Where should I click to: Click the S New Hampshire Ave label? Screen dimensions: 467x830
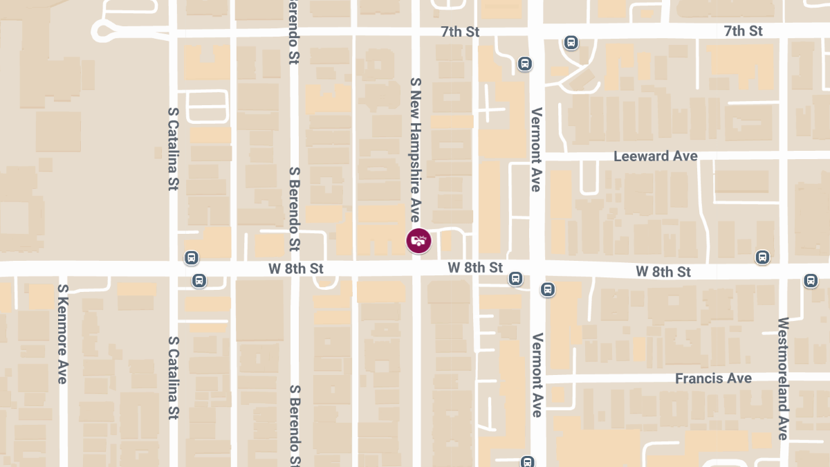[415, 149]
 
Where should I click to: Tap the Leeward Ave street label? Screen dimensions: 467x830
[656, 156]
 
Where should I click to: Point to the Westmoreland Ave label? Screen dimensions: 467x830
[783, 378]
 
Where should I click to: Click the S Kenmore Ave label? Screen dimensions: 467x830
[62, 333]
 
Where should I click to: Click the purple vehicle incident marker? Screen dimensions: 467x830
[418, 241]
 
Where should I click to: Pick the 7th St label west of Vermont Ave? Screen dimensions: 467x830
[460, 32]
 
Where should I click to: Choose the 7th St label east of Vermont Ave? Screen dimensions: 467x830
[743, 31]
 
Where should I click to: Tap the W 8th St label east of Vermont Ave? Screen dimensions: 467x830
[663, 272]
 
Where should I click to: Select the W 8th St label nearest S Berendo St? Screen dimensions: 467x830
[296, 268]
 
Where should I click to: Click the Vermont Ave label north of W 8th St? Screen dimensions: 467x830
[536, 149]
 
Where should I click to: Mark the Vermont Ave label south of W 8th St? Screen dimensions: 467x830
[536, 374]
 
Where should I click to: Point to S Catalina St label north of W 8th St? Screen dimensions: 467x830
[173, 149]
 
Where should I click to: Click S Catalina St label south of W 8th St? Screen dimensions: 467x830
[173, 378]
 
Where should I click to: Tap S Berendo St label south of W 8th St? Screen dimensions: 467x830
[295, 425]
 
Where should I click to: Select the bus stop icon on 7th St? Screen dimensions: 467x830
[571, 43]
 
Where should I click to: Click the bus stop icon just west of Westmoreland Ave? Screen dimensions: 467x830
[762, 257]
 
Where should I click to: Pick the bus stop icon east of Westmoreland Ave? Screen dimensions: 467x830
[811, 281]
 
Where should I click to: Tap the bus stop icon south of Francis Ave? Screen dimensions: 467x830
[528, 461]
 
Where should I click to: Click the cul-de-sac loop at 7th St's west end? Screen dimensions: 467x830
[104, 30]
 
